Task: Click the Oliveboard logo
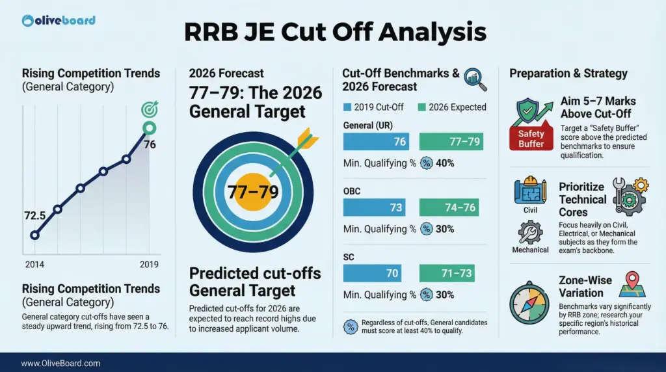pyautogui.click(x=59, y=20)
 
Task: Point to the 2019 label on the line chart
pyautogui.click(x=150, y=265)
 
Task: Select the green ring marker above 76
pyautogui.click(x=150, y=128)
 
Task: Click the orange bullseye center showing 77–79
pyautogui.click(x=253, y=193)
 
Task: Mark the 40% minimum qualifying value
pyautogui.click(x=445, y=163)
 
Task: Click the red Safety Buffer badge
pyautogui.click(x=531, y=138)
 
